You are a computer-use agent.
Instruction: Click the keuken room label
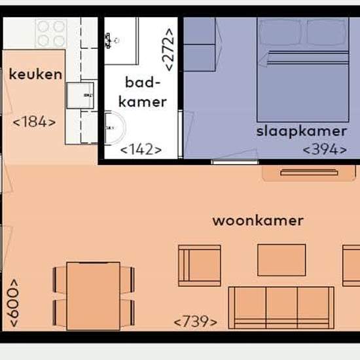[x=35, y=75]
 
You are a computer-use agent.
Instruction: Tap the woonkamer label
[x=258, y=221]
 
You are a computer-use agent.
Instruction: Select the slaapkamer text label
[x=302, y=132]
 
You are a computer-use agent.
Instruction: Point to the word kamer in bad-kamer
[x=143, y=102]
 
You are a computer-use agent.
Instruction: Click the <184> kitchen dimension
[x=35, y=122]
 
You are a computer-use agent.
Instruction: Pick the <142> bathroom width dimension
[x=141, y=149]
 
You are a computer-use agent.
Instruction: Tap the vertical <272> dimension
[x=168, y=50]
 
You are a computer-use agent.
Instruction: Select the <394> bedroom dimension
[x=325, y=149]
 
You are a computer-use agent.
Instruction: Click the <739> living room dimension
[x=196, y=321]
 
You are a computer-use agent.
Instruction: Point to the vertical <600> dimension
[x=12, y=303]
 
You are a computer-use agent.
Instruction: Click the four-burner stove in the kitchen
[x=51, y=33]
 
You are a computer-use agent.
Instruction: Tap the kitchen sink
[x=80, y=96]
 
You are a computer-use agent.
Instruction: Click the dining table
[x=94, y=296]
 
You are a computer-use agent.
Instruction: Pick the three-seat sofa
[x=281, y=308]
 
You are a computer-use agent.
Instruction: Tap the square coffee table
[x=281, y=260]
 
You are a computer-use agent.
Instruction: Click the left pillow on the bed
[x=279, y=32]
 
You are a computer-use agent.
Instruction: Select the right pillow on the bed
[x=327, y=32]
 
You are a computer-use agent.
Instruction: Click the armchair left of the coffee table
[x=200, y=266]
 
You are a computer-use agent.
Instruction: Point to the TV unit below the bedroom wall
[x=309, y=173]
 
